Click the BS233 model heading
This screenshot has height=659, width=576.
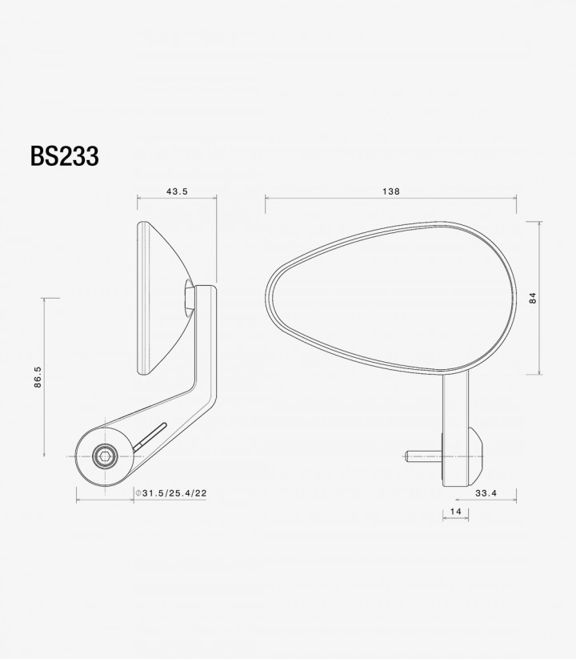(x=65, y=156)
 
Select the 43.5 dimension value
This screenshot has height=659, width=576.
(x=177, y=191)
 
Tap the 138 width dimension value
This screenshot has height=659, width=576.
(x=391, y=191)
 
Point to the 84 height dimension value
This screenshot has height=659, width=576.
(x=533, y=298)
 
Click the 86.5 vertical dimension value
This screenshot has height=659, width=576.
(x=38, y=377)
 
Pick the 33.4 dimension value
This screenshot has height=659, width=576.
(x=486, y=493)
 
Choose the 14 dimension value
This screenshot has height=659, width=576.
(x=455, y=512)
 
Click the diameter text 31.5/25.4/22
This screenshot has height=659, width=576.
(x=174, y=493)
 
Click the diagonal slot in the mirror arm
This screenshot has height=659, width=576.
(x=150, y=437)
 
